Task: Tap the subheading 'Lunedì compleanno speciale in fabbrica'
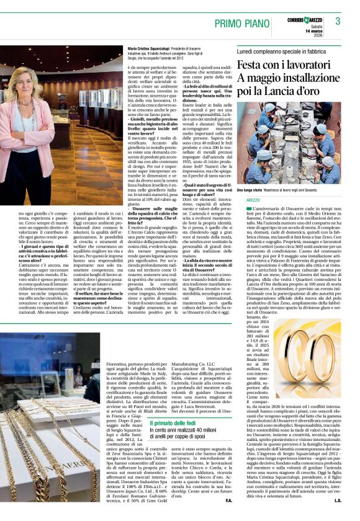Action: pyautogui.click(x=279, y=48)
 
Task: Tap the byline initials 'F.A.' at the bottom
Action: pyautogui.click(x=229, y=500)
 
